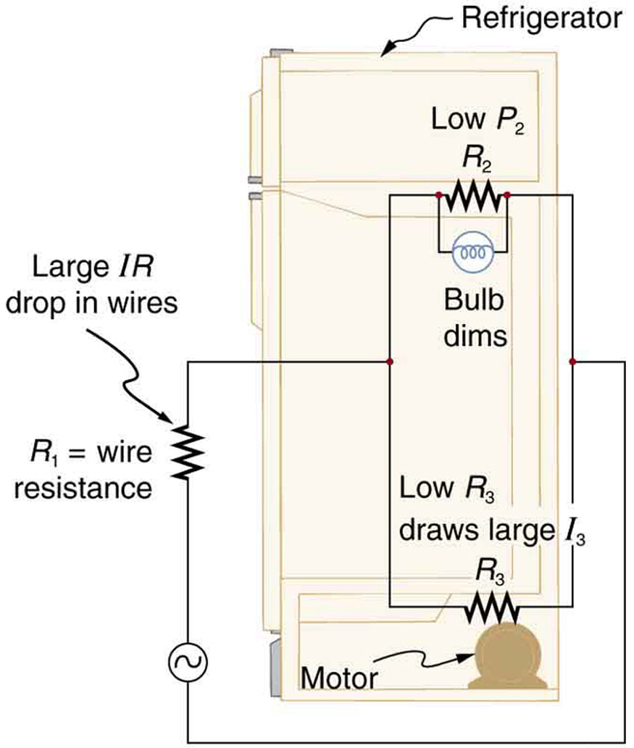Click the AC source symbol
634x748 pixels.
coord(188,660)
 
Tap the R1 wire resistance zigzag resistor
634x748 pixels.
coord(188,452)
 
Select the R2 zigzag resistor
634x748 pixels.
coord(473,195)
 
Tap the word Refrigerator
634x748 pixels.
coord(541,19)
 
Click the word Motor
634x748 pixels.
coord(339,679)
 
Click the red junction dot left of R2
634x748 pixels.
coord(438,196)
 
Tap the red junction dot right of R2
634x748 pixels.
coord(508,196)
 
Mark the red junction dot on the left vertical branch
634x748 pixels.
coord(391,361)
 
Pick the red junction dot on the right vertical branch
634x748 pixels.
coord(572,361)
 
